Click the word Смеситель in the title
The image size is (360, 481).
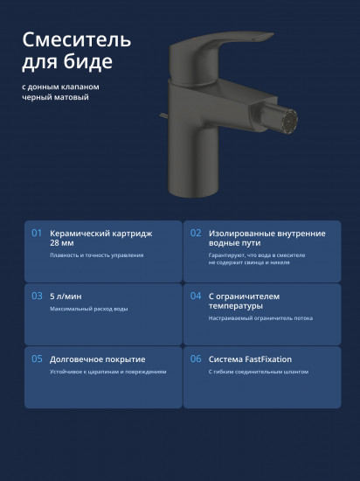pyautogui.click(x=77, y=40)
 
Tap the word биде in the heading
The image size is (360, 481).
pyautogui.click(x=88, y=61)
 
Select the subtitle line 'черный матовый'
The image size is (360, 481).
pyautogui.click(x=55, y=97)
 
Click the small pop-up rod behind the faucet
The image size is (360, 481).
pyautogui.click(x=163, y=115)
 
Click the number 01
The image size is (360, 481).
pyautogui.click(x=37, y=234)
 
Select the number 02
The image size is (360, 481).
pyautogui.click(x=196, y=234)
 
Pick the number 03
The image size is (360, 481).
pyautogui.click(x=37, y=296)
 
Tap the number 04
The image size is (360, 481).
pyautogui.click(x=196, y=296)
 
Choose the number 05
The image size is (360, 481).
pyautogui.click(x=37, y=359)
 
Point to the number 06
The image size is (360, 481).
pyautogui.click(x=196, y=359)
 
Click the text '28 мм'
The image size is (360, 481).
pyautogui.click(x=61, y=243)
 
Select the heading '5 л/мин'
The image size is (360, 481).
pyautogui.click(x=66, y=296)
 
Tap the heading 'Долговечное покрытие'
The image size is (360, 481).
pyautogui.click(x=98, y=359)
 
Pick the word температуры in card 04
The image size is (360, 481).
pyautogui.click(x=236, y=306)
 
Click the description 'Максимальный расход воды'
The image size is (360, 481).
pyautogui.click(x=89, y=309)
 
